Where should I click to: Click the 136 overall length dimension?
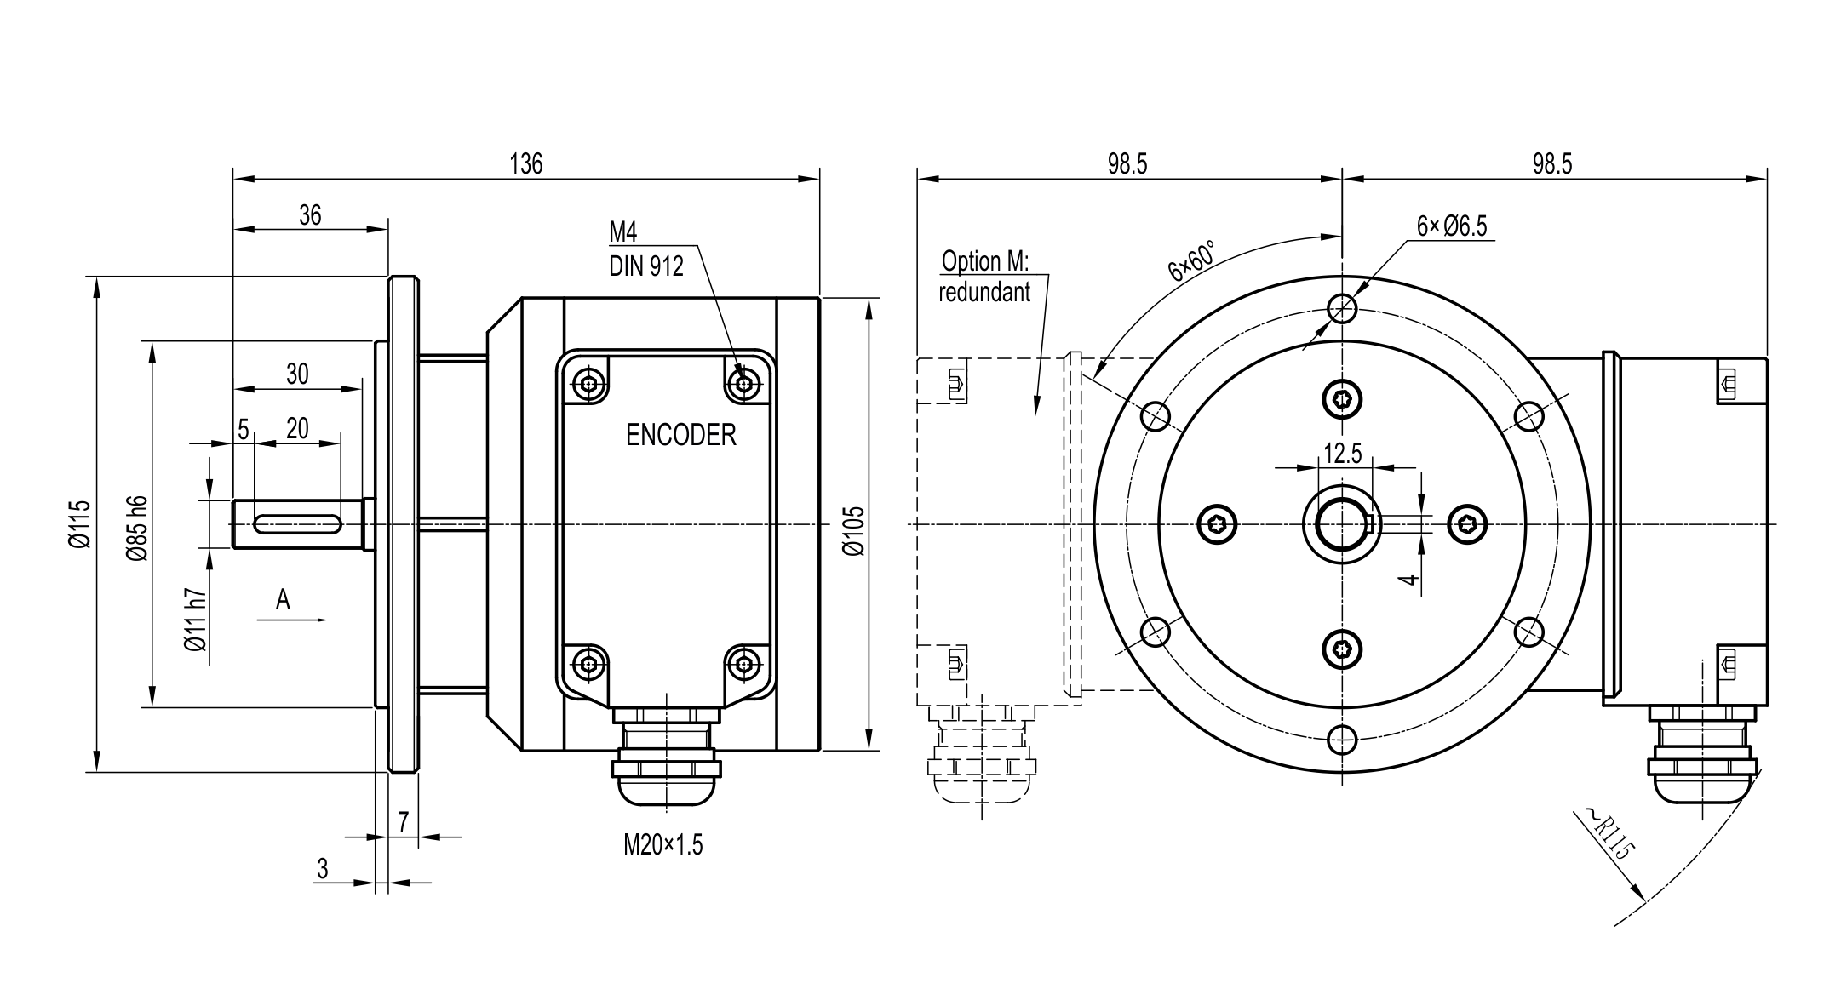525,163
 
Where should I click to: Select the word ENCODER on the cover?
680,435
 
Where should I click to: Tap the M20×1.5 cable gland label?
663,845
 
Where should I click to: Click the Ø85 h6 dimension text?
138,529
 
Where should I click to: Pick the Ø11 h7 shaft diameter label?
196,620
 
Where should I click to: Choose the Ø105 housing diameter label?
853,531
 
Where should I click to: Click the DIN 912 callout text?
645,267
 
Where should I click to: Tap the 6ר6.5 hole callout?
1451,226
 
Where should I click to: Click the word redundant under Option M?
984,293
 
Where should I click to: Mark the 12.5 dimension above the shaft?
1342,454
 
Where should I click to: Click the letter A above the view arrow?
283,600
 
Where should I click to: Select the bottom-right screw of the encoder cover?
746,663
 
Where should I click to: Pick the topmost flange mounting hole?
1342,308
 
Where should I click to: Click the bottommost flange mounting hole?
1342,740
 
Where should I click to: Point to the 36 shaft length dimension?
310,215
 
